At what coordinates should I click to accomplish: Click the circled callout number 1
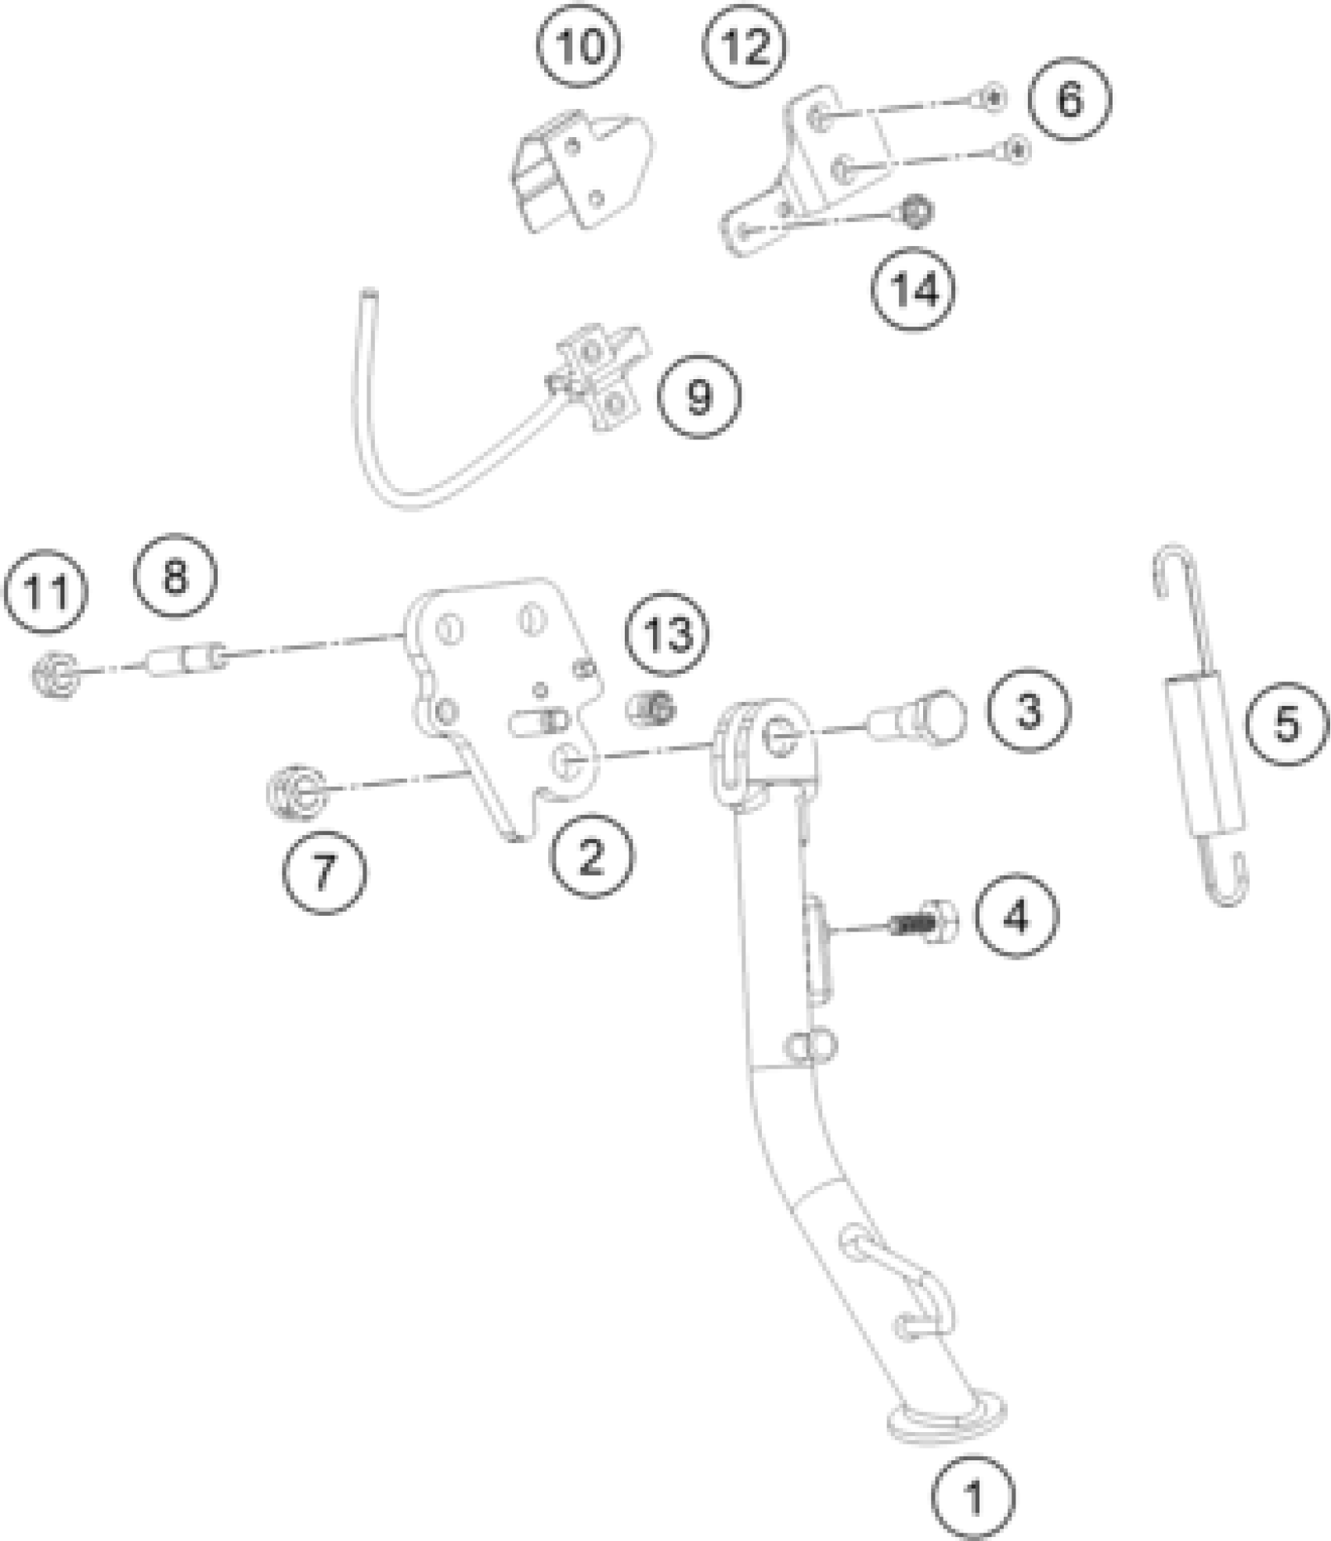pyautogui.click(x=973, y=1498)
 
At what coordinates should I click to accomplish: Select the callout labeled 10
pyautogui.click(x=579, y=47)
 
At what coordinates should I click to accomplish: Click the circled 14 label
pyautogui.click(x=914, y=291)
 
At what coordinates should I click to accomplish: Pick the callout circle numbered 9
pyautogui.click(x=698, y=397)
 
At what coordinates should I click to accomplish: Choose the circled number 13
pyautogui.click(x=669, y=633)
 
